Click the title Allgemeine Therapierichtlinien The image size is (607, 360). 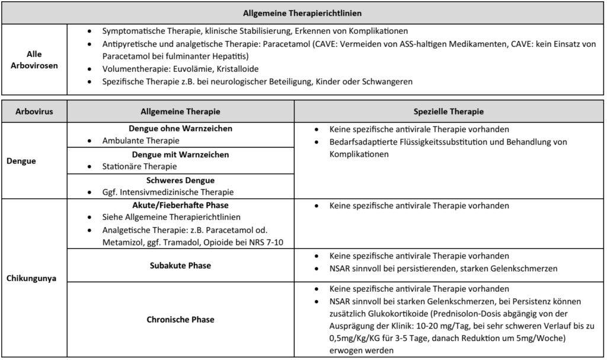click(x=302, y=12)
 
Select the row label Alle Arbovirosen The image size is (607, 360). click(x=34, y=59)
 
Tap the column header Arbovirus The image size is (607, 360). click(x=34, y=111)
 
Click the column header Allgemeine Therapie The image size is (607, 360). click(x=180, y=111)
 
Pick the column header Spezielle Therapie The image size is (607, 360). click(x=449, y=111)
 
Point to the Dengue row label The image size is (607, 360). click(x=20, y=160)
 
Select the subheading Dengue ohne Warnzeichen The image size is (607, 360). click(x=180, y=128)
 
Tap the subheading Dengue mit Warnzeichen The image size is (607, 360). click(x=180, y=154)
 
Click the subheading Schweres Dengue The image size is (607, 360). click(x=180, y=180)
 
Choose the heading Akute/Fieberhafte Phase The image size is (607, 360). click(x=180, y=205)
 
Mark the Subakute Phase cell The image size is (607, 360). click(x=180, y=265)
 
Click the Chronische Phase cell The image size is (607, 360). click(x=180, y=319)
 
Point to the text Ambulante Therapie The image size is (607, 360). click(x=140, y=141)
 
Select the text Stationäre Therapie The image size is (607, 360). click(x=139, y=167)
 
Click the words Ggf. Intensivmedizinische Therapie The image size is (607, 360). click(x=168, y=192)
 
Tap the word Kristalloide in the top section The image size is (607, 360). click(x=237, y=69)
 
